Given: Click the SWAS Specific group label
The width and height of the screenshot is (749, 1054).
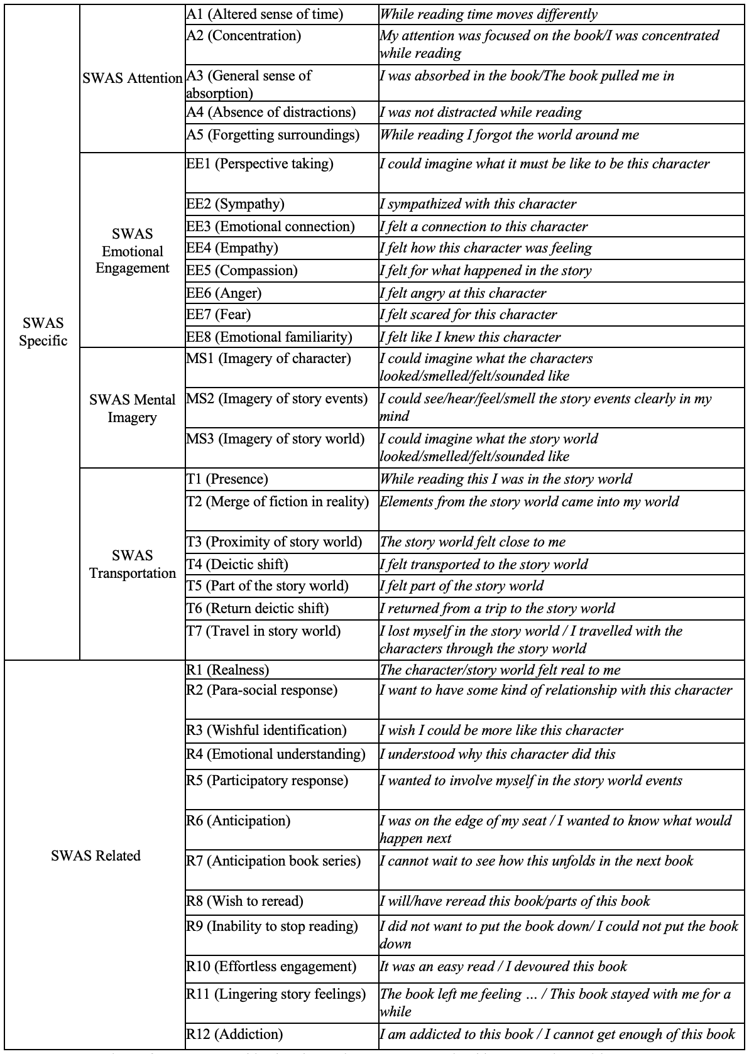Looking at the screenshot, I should point(43,332).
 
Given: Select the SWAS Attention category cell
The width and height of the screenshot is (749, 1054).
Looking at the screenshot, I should point(132,78).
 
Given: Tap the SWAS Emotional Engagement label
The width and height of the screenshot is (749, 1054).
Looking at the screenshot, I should point(132,251).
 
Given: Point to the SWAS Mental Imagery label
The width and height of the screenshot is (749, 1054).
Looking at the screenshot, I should point(132,408).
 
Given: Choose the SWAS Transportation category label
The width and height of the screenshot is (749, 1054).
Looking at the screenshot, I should point(132,564).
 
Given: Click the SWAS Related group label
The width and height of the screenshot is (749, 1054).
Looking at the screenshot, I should point(96,856).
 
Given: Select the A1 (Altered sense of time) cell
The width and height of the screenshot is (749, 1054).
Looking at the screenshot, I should point(265,14).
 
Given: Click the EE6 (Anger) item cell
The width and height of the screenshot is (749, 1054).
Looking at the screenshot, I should point(224,293).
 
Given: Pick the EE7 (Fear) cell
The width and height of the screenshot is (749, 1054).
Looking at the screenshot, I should point(219,314).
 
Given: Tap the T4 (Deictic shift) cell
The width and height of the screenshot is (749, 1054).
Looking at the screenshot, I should point(237,564).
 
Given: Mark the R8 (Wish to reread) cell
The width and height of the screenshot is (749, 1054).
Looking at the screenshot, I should point(244,901).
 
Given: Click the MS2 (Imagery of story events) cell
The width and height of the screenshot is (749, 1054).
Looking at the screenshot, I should point(276,399).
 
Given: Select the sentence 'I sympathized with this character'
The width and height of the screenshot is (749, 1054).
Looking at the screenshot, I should point(478,204).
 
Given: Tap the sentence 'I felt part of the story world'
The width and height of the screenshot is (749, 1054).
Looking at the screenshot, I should point(462,586).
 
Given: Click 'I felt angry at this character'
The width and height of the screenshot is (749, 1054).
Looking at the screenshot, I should point(463,293).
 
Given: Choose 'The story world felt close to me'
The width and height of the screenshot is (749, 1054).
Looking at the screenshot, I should point(473,541).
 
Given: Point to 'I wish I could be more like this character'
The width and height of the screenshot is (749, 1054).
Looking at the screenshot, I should point(501,731).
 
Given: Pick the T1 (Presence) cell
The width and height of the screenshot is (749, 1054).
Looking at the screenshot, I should point(227,479).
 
